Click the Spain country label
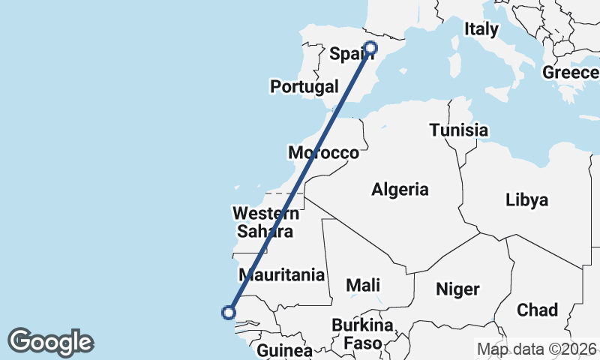pyautogui.click(x=349, y=54)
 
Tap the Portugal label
pyautogui.click(x=304, y=87)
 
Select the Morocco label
pyautogui.click(x=323, y=153)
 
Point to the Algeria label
pyautogui.click(x=400, y=190)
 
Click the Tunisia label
pyautogui.click(x=459, y=130)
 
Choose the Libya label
pyautogui.click(x=526, y=200)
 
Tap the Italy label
pyautogui.click(x=481, y=29)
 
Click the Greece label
pyautogui.click(x=571, y=73)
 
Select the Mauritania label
pyautogui.click(x=281, y=274)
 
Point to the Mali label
pyautogui.click(x=363, y=285)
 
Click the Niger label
pyautogui.click(x=457, y=289)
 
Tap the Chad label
pyautogui.click(x=537, y=310)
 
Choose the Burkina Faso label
pyautogui.click(x=364, y=335)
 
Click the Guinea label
pyautogui.click(x=284, y=350)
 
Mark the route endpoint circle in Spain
pyautogui.click(x=370, y=49)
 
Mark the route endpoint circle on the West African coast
pyautogui.click(x=229, y=313)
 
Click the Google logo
pyautogui.click(x=50, y=342)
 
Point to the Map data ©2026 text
pyautogui.click(x=537, y=349)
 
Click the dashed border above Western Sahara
pyautogui.click(x=281, y=193)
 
